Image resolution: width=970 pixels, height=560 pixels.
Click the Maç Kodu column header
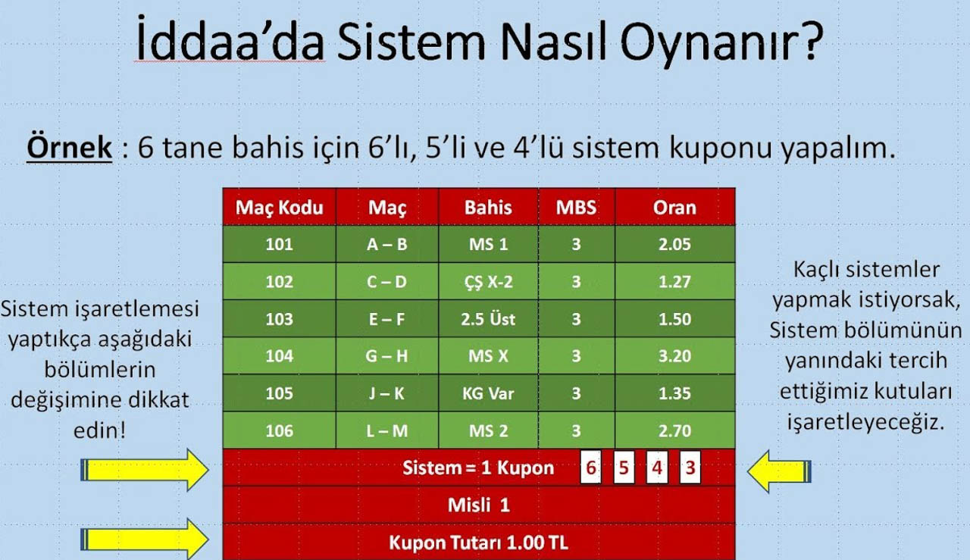coord(280,208)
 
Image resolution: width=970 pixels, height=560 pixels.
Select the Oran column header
coord(674,208)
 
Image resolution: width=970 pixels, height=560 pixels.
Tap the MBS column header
coord(576,208)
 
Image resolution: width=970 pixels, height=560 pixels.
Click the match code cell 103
coord(280,319)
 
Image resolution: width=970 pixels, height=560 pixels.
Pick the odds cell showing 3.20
coord(674,356)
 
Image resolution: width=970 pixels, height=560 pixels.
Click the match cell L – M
coord(387,431)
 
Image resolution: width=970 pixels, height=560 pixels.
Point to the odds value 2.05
coord(674,244)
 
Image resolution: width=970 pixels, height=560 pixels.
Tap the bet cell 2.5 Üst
coord(488,319)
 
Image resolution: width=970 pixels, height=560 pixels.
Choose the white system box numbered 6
coord(590,468)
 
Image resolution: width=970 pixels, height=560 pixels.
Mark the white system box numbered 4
coord(657,468)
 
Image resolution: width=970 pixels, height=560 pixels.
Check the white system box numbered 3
coord(690,468)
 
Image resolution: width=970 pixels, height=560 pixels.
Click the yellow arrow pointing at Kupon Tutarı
coord(145,540)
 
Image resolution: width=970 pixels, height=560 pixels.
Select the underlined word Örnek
coord(69,147)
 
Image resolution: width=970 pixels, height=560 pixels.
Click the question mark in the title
coord(809,40)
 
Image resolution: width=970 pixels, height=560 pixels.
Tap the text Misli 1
coord(478,505)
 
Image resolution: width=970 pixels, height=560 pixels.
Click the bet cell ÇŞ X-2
coord(488,283)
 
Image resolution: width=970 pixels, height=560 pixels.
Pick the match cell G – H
coord(387,356)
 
